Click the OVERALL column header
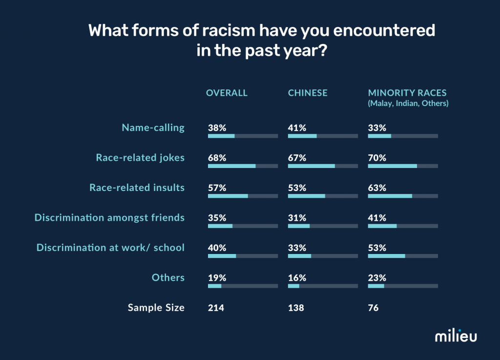tap(227, 93)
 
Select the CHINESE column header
tap(308, 93)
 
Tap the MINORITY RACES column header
tap(407, 93)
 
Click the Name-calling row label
tap(153, 127)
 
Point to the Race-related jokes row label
tap(140, 157)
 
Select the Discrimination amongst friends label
tap(109, 217)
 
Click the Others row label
tap(168, 277)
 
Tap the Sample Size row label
tap(156, 307)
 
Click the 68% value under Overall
tap(217, 158)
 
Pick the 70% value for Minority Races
tap(377, 158)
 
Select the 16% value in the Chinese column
tap(297, 278)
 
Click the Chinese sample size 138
tap(296, 308)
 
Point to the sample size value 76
tap(373, 308)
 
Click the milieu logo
tap(456, 336)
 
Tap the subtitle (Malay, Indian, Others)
tap(408, 104)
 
